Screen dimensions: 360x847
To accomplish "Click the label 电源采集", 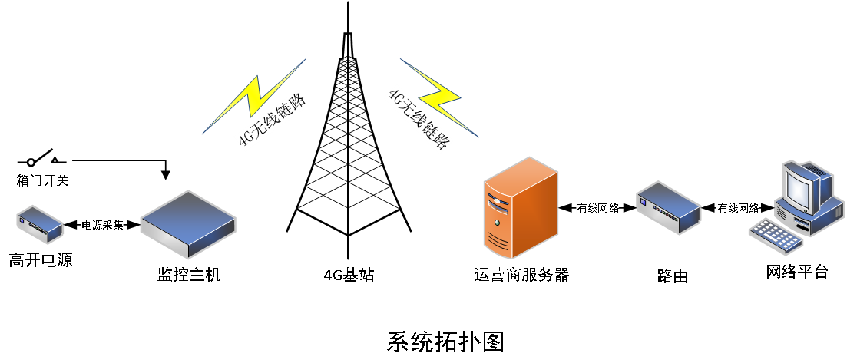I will point(102,225).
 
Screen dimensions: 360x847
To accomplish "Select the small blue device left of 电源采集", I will point(40,223).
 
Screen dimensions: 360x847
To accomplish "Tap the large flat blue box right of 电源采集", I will point(187,224).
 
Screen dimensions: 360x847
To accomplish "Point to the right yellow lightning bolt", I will point(438,96).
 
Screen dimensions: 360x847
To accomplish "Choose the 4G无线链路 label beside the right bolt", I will point(419,120).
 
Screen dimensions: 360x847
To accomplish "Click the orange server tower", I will point(520,206).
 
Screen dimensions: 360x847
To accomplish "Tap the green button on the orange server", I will point(498,223).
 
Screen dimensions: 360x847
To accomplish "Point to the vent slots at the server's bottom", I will point(498,243).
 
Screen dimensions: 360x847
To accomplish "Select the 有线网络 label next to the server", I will point(597,208).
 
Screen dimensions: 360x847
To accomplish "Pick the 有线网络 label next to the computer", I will point(738,208).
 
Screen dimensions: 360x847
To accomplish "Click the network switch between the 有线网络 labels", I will point(668,207).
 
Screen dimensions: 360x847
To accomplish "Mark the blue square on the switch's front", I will point(643,202).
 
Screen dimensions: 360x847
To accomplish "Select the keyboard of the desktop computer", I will point(775,236).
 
